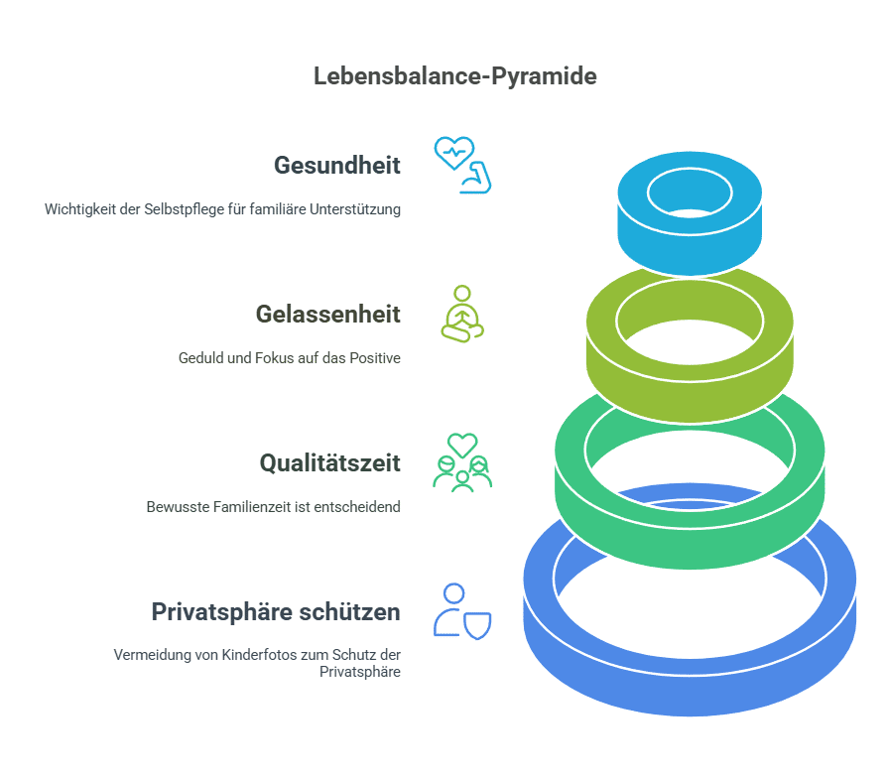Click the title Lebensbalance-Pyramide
coord(454,76)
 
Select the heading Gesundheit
coord(337,165)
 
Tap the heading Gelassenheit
coord(327,315)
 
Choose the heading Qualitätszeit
coord(329,463)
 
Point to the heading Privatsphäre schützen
coord(276,612)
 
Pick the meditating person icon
coord(461,314)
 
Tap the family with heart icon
coord(462,462)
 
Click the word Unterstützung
coord(360,210)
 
